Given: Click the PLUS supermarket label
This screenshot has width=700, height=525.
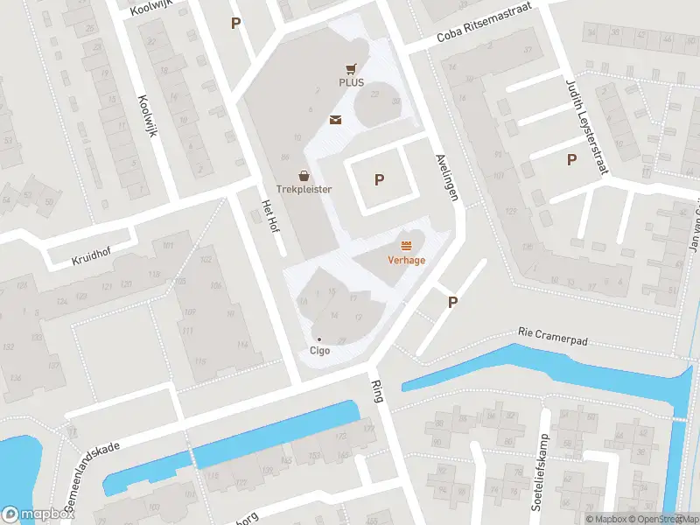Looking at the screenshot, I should pyautogui.click(x=351, y=82).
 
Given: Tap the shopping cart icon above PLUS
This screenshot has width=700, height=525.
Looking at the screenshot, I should pyautogui.click(x=351, y=68).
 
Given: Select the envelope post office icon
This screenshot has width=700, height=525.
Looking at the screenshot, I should pyautogui.click(x=335, y=120).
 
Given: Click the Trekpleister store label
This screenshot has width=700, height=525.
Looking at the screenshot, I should pyautogui.click(x=304, y=188).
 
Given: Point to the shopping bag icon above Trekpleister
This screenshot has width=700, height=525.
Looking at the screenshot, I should pyautogui.click(x=304, y=175).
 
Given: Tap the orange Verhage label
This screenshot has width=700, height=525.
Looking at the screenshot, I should pyautogui.click(x=407, y=259).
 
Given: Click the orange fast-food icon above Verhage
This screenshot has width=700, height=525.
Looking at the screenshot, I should pyautogui.click(x=406, y=244).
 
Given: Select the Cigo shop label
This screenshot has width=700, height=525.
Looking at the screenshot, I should pyautogui.click(x=319, y=351).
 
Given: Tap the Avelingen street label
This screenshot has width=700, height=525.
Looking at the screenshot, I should pyautogui.click(x=446, y=178).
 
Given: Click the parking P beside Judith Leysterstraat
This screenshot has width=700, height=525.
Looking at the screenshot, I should pyautogui.click(x=572, y=159).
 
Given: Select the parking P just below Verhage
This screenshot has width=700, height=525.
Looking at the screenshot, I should pyautogui.click(x=453, y=302).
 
